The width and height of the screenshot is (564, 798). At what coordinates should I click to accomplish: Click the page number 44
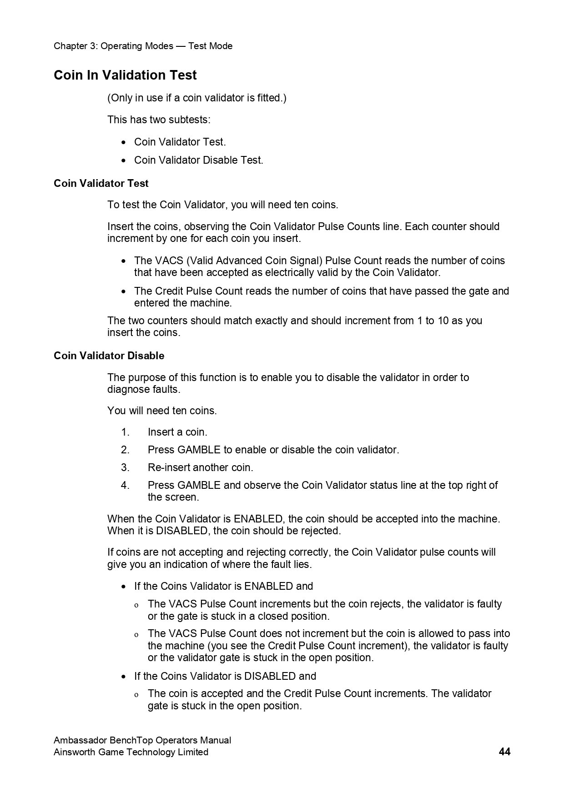point(504,752)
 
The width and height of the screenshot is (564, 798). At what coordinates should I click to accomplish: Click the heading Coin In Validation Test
point(125,75)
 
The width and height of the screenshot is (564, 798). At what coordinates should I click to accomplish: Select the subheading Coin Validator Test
point(101,183)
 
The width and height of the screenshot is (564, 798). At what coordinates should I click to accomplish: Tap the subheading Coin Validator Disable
point(109,356)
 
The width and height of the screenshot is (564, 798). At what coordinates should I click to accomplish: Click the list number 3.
point(125,467)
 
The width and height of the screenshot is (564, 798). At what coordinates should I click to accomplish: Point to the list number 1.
point(125,432)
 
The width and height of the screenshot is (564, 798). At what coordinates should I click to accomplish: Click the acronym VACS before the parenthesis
point(169,261)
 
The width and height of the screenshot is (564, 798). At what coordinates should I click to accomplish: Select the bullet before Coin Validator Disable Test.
point(124,161)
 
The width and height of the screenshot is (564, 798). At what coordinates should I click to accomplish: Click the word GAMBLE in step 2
point(199,450)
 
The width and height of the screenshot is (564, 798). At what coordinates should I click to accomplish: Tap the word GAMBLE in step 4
point(199,485)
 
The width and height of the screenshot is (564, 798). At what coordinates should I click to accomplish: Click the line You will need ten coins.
point(162,411)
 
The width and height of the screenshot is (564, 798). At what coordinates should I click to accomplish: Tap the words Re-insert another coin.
point(200,467)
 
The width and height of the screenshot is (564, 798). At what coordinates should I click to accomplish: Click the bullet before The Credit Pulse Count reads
point(124,291)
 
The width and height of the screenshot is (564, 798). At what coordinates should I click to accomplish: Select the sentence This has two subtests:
point(159,120)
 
